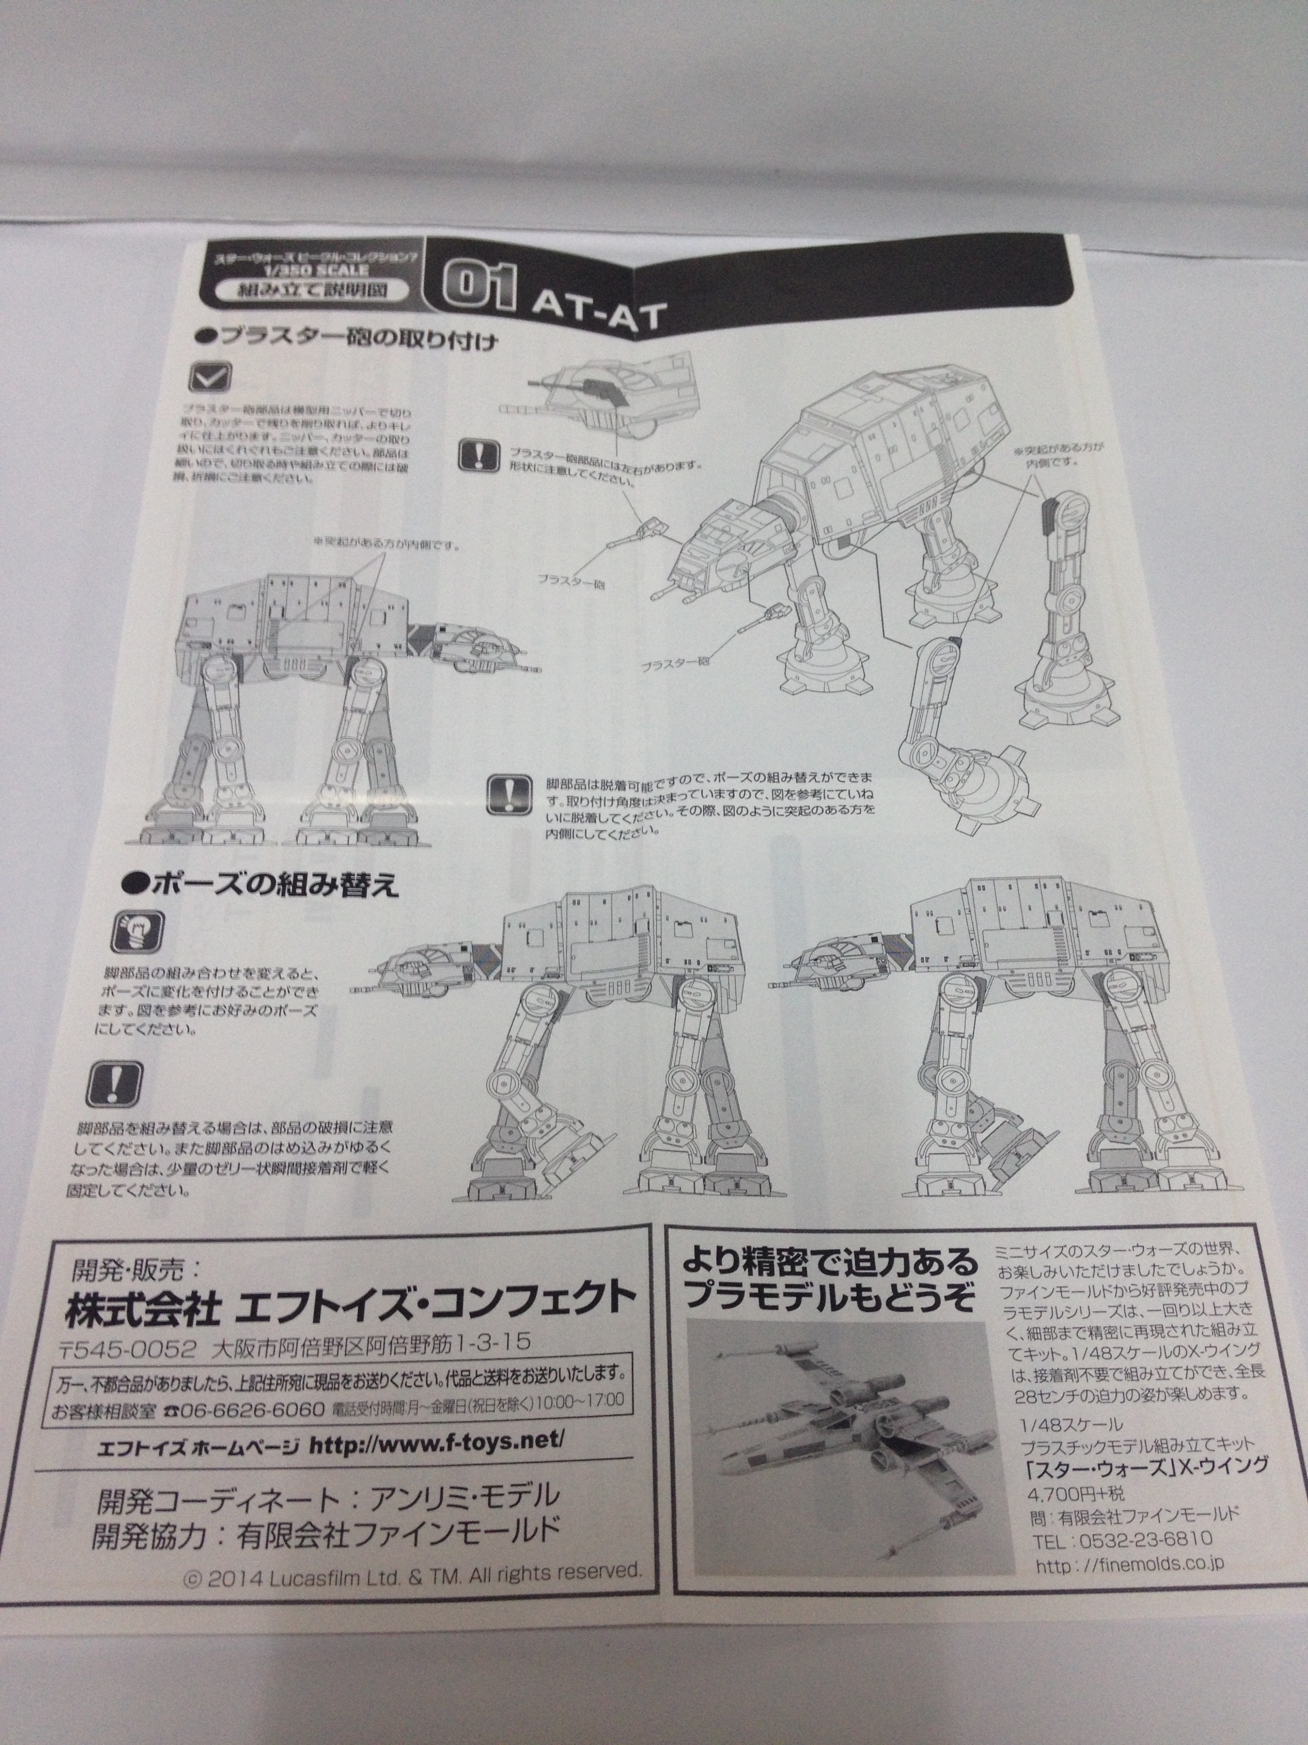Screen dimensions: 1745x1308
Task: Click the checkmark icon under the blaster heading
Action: pyautogui.click(x=210, y=377)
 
